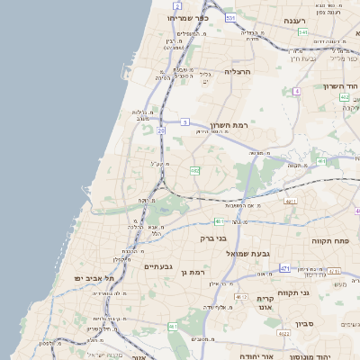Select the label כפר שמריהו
[x=188, y=17]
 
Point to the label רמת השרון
[x=227, y=125]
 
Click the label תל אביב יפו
[x=91, y=279]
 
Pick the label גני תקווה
[x=316, y=292]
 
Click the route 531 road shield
[x=231, y=18]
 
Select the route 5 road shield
[x=184, y=121]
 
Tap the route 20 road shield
[x=161, y=131]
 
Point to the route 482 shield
[x=194, y=170]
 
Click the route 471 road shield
[x=285, y=268]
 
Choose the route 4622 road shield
[x=283, y=334]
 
